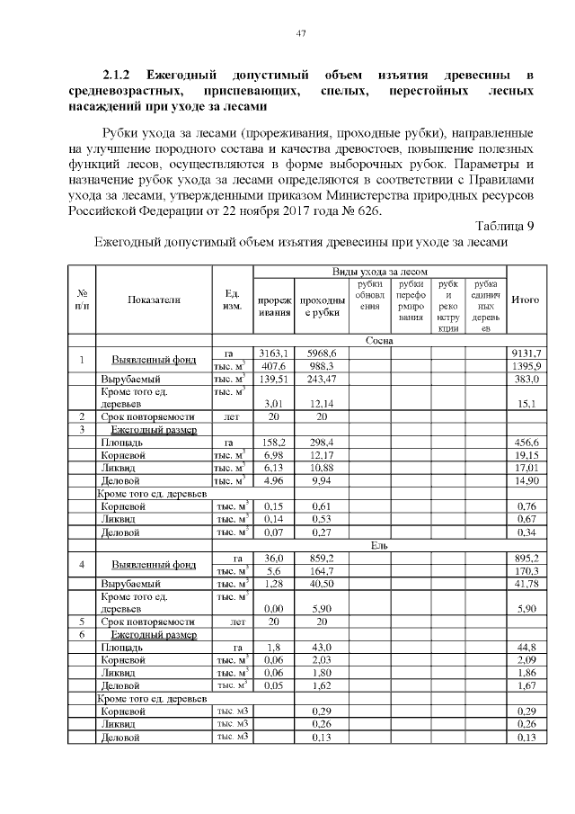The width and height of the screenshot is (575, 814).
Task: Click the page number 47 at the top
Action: [x=302, y=34]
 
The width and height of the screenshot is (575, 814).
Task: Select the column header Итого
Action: [x=525, y=300]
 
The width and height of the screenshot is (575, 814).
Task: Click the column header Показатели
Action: [x=154, y=300]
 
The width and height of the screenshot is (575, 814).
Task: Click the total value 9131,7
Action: [x=526, y=353]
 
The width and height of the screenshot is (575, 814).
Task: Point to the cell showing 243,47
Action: [x=320, y=380]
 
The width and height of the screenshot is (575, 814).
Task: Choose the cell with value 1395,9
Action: [x=526, y=366]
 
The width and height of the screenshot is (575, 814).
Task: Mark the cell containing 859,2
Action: [x=320, y=557]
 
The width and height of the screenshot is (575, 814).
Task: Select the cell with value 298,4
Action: [x=320, y=442]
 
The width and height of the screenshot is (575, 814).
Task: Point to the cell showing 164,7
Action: [x=320, y=570]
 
